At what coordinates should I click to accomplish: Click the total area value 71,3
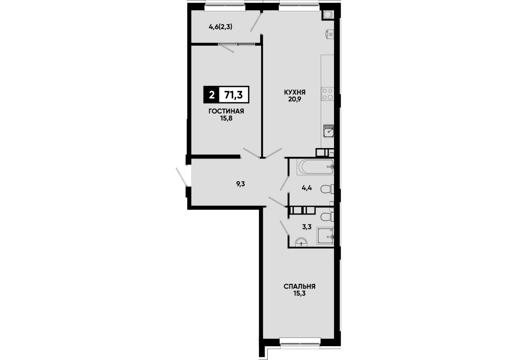(x=233, y=95)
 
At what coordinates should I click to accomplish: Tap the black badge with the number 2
(x=211, y=95)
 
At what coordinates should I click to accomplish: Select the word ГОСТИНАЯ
(x=226, y=111)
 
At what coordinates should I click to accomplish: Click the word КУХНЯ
(x=294, y=92)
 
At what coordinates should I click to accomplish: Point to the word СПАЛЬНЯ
(x=300, y=286)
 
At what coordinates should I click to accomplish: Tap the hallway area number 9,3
(x=241, y=184)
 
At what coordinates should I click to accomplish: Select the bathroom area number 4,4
(x=307, y=188)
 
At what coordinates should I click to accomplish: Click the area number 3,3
(x=307, y=227)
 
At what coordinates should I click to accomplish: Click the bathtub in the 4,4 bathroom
(x=315, y=167)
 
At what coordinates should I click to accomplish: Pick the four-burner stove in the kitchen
(x=328, y=94)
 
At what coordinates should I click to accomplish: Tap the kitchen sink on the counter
(x=328, y=131)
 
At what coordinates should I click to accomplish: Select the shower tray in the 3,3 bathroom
(x=325, y=236)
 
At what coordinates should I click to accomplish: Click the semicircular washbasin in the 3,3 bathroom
(x=301, y=242)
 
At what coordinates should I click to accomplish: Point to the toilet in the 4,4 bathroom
(x=327, y=189)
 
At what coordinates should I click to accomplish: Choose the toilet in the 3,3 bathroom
(x=327, y=217)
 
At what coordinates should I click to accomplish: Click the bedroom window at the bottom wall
(x=300, y=342)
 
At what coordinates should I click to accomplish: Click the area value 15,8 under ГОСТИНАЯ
(x=226, y=118)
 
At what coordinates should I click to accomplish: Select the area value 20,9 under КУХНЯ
(x=294, y=99)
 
